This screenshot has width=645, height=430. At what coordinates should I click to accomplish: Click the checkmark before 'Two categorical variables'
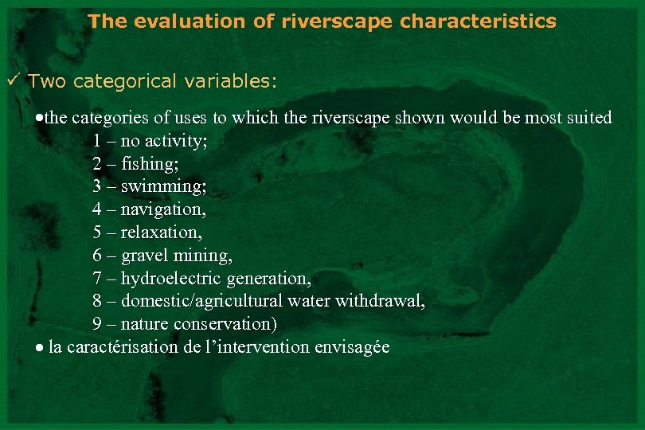(x=13, y=81)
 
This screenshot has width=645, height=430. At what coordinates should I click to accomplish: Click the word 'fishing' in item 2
(x=149, y=163)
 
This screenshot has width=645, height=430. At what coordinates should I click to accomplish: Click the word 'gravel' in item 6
(x=144, y=256)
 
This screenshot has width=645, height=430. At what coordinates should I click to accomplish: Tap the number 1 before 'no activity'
(x=96, y=141)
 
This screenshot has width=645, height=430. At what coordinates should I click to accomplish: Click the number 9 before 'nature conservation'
(x=96, y=325)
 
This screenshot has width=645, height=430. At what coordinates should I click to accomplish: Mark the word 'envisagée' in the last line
(x=352, y=348)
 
